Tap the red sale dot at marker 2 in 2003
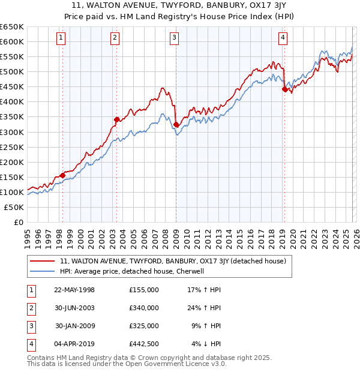116,119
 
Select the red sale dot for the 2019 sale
284,89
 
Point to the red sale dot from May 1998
62,175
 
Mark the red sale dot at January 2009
176,124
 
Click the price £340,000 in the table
144,308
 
